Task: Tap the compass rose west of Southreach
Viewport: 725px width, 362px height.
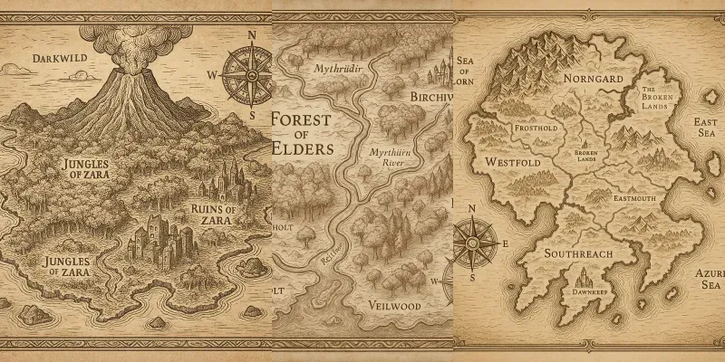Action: point(471,243)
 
